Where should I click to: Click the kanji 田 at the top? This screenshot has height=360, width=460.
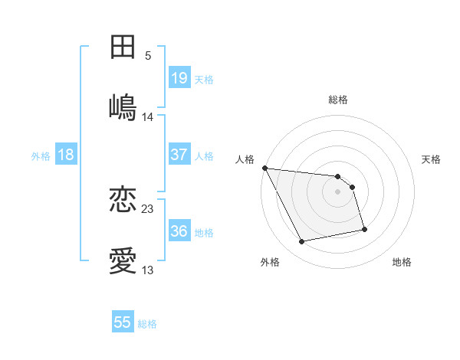pos(123,47)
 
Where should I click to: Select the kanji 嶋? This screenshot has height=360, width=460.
pos(123,107)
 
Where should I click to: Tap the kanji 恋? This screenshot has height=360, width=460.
pos(123,200)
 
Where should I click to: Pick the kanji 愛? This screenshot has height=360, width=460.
pos(123,261)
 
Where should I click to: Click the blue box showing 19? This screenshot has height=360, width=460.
pos(179,77)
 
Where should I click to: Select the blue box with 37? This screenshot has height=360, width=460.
pos(179,155)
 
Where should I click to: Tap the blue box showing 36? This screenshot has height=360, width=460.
pos(179,231)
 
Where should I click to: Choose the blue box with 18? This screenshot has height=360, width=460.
pos(66,155)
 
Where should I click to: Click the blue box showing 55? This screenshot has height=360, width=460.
pos(123,322)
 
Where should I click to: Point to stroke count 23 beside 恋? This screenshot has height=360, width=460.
pos(148,208)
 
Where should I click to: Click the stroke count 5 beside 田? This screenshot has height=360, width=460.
pos(148,55)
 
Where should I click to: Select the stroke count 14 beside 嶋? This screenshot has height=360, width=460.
pos(148,116)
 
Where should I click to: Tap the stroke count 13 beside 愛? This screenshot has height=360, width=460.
pos(148,270)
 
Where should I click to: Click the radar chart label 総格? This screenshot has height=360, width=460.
pos(338,100)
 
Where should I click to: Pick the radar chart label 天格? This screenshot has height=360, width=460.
pos(432,159)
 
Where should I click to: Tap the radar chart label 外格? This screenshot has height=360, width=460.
pos(270,262)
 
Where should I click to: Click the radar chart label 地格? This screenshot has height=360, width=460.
pos(402,262)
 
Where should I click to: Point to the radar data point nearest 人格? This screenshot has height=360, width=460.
pos(264,168)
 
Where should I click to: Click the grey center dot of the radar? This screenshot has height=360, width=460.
pos(338,191)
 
